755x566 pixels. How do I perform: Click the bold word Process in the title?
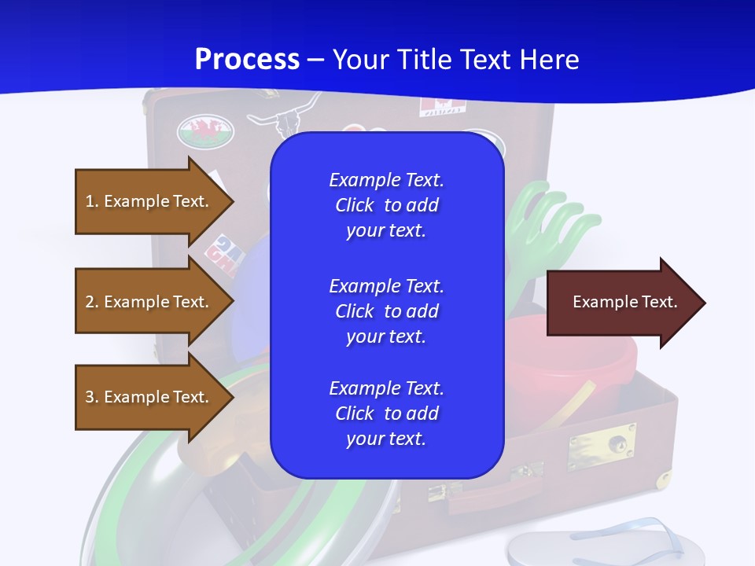247,59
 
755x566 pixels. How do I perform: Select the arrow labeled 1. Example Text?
149,201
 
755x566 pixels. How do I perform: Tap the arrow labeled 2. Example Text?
149,302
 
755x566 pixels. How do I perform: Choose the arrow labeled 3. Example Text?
149,397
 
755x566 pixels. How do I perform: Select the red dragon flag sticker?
206,130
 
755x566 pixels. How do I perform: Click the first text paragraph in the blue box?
386,205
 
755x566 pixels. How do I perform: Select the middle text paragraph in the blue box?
386,311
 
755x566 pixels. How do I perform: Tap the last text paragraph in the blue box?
386,413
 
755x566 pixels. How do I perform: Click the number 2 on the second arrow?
90,302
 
